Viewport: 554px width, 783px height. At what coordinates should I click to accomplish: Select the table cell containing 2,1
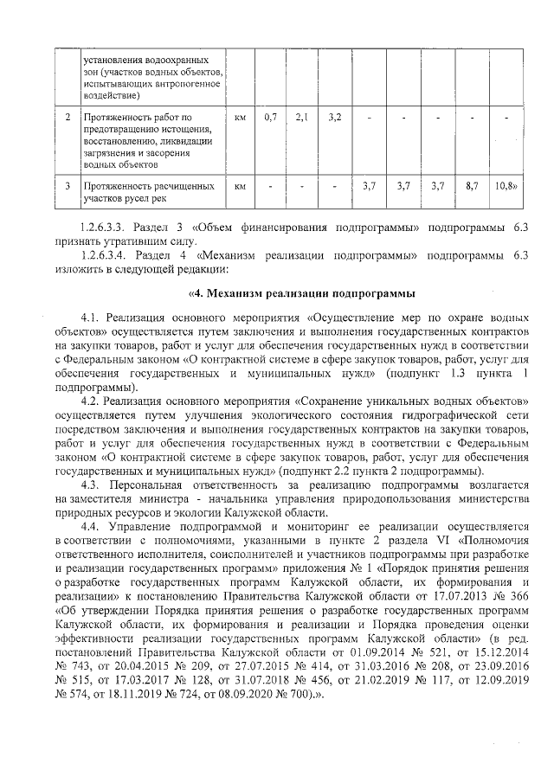coord(302,117)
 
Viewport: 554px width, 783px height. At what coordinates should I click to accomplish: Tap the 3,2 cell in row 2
coord(335,117)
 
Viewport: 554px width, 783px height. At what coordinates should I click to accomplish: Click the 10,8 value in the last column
coord(505,185)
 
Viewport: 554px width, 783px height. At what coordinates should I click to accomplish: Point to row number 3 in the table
coord(67,185)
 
